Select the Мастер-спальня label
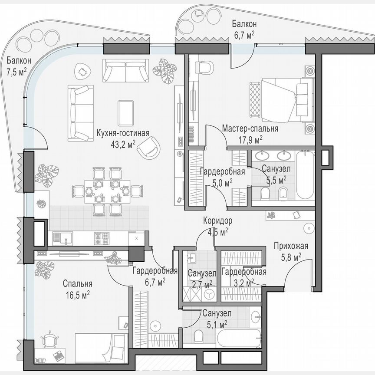(x=250, y=129)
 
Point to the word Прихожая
(x=290, y=247)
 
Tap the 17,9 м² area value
(x=250, y=139)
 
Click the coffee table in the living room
(x=125, y=112)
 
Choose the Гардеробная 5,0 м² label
(x=222, y=176)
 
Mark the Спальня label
(x=77, y=284)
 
